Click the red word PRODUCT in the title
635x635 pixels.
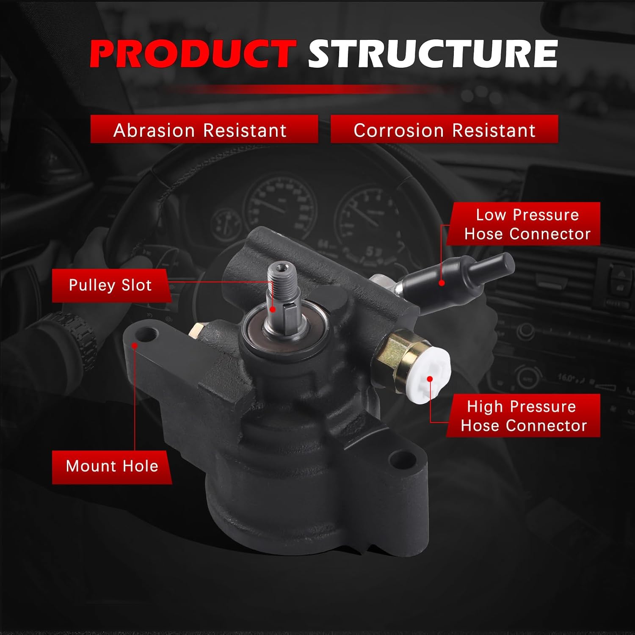193,54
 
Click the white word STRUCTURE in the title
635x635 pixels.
432,54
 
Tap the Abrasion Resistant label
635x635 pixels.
204,130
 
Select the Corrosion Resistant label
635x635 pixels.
444,130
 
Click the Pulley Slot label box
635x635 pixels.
110,285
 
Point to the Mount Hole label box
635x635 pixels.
112,466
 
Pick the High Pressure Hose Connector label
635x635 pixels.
523,416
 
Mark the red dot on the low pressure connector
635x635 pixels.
442,282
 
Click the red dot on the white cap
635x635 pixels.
430,379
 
